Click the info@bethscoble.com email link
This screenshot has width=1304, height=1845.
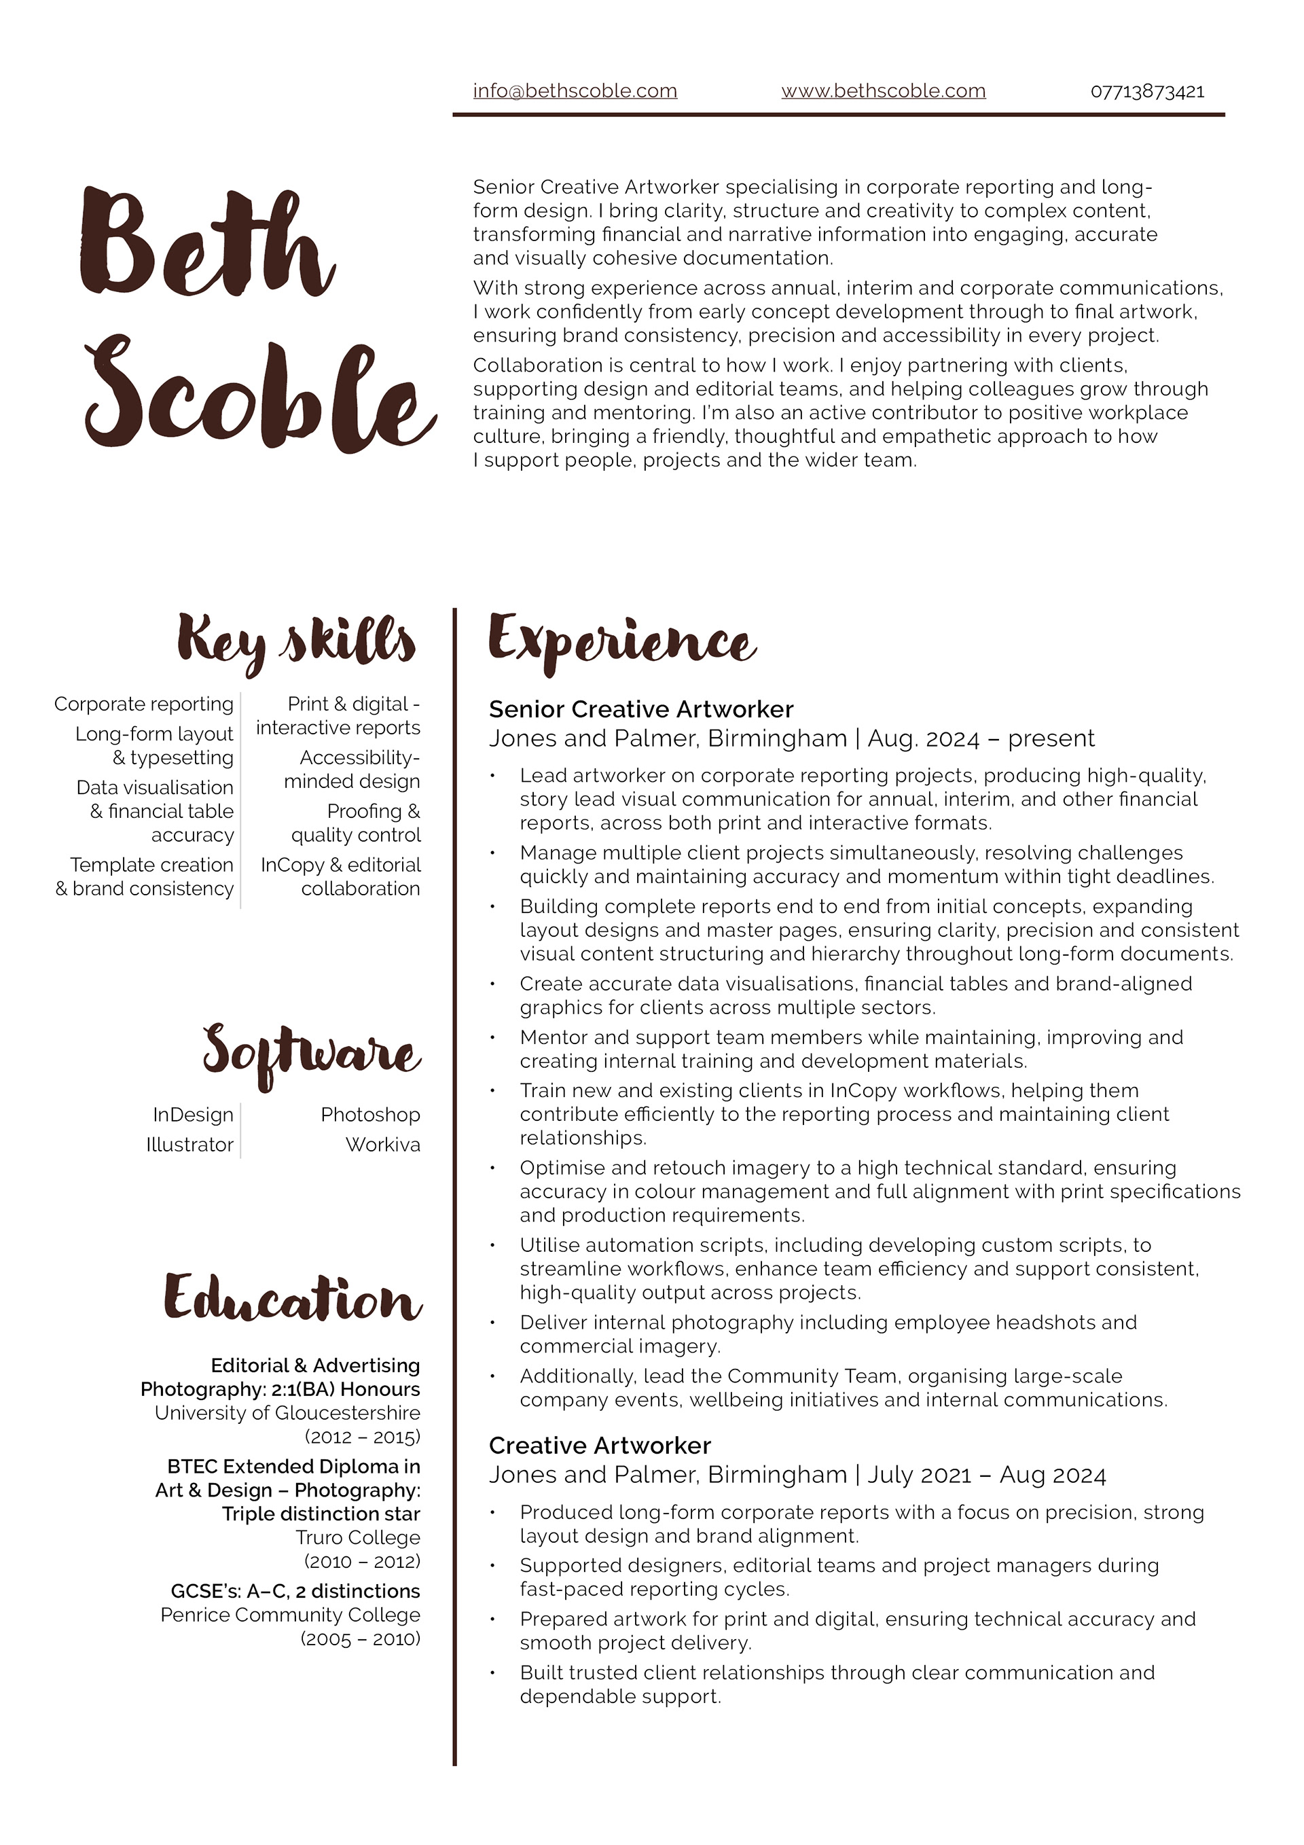click(x=575, y=91)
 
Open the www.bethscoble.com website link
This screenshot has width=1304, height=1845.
click(x=883, y=91)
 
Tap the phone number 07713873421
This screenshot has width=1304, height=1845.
click(x=1146, y=92)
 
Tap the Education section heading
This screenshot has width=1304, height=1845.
click(x=293, y=1297)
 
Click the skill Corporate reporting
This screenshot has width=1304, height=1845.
click(x=144, y=704)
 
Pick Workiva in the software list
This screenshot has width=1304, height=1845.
click(x=382, y=1144)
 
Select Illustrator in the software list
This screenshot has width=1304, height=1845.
click(x=189, y=1144)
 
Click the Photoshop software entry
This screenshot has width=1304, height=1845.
click(x=370, y=1115)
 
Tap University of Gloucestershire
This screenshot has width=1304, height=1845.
click(x=287, y=1413)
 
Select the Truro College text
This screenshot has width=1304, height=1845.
click(x=357, y=1537)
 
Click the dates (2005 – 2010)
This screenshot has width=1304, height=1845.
click(x=360, y=1638)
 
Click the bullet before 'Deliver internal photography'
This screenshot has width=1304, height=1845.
click(x=492, y=1323)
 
